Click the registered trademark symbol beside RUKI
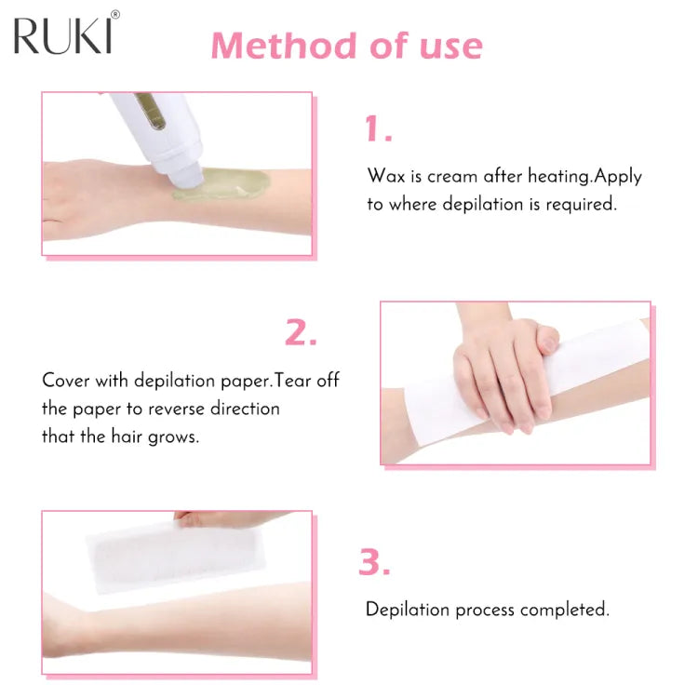tap(115, 15)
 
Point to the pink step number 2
tap(300, 333)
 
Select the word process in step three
tap(480, 610)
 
